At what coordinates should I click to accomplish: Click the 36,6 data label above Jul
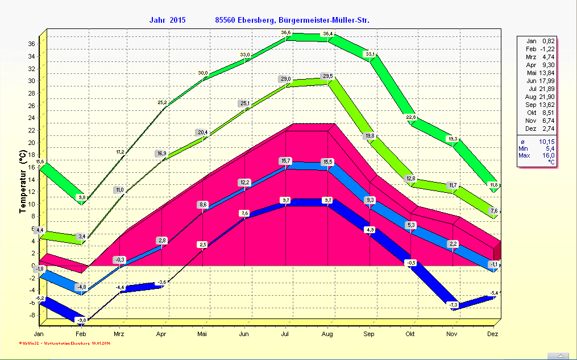pyautogui.click(x=286, y=32)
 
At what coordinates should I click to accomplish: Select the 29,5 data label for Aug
pyautogui.click(x=327, y=76)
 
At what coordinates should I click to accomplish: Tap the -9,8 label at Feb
pyautogui.click(x=82, y=320)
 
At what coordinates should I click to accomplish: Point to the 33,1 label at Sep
pyautogui.click(x=370, y=54)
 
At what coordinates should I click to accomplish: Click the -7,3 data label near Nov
pyautogui.click(x=454, y=305)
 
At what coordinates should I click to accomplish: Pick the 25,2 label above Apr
pyautogui.click(x=163, y=103)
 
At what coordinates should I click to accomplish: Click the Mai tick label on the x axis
pyautogui.click(x=202, y=334)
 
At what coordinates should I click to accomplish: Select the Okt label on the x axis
pyautogui.click(x=410, y=334)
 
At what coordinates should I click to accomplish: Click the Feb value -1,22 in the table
pyautogui.click(x=549, y=49)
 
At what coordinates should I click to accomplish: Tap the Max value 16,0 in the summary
pyautogui.click(x=549, y=155)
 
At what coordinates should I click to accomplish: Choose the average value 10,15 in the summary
pyautogui.click(x=549, y=140)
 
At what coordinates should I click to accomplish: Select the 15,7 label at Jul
pyautogui.click(x=286, y=161)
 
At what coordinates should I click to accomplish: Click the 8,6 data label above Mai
pyautogui.click(x=203, y=204)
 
